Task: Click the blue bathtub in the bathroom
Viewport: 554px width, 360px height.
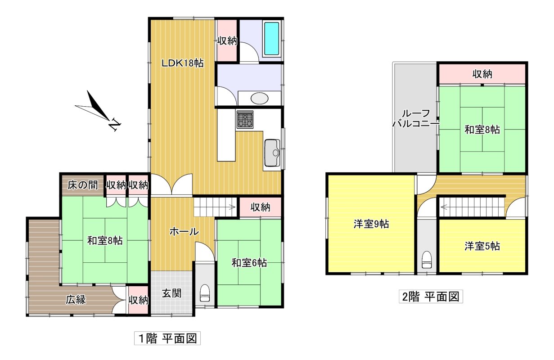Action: pos(271,38)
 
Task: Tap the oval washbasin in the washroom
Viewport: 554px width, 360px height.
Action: pos(259,99)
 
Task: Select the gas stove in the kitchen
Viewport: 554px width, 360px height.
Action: pos(245,119)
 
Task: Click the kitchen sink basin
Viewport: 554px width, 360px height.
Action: pos(272,153)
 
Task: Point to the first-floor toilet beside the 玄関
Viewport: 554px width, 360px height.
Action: pos(204,293)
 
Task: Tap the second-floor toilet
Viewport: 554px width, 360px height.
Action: pos(426,260)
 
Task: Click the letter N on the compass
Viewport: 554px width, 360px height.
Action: pos(115,124)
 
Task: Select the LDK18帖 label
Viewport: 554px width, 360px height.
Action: pos(183,63)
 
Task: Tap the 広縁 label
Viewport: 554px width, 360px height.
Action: pos(76,299)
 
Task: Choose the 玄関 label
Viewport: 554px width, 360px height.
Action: pos(171,293)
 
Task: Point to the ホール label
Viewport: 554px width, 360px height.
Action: pos(184,232)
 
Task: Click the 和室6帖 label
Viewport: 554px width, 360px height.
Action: pos(249,263)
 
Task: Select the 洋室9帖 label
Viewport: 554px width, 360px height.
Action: pos(371,224)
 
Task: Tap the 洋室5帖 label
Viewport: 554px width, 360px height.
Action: pos(482,246)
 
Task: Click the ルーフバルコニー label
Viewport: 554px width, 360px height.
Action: pos(416,118)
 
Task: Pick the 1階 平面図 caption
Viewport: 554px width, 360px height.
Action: pos(167,338)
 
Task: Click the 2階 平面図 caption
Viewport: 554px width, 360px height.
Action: pos(431,297)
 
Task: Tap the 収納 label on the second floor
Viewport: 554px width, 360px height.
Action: pos(482,74)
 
